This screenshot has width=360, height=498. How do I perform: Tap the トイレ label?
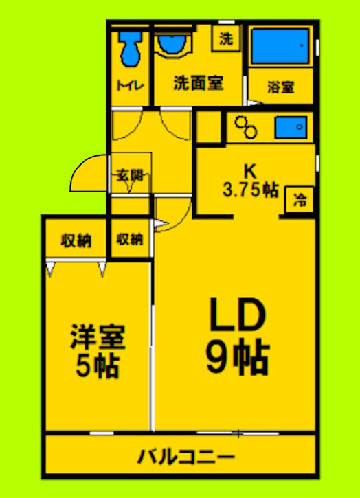tap(129, 86)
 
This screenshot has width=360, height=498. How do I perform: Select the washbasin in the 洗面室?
tap(172, 45)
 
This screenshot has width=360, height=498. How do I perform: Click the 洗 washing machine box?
tap(225, 39)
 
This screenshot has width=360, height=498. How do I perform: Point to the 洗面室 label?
tap(198, 84)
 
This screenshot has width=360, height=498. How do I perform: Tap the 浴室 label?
tap(280, 87)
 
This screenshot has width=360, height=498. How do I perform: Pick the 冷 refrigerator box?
tap(300, 201)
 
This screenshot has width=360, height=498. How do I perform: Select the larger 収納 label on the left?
tap(76, 240)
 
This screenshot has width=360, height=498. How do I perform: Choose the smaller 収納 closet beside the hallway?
tap(129, 240)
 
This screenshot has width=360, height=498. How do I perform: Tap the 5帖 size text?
tap(97, 365)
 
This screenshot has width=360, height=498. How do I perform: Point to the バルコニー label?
tap(185, 456)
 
